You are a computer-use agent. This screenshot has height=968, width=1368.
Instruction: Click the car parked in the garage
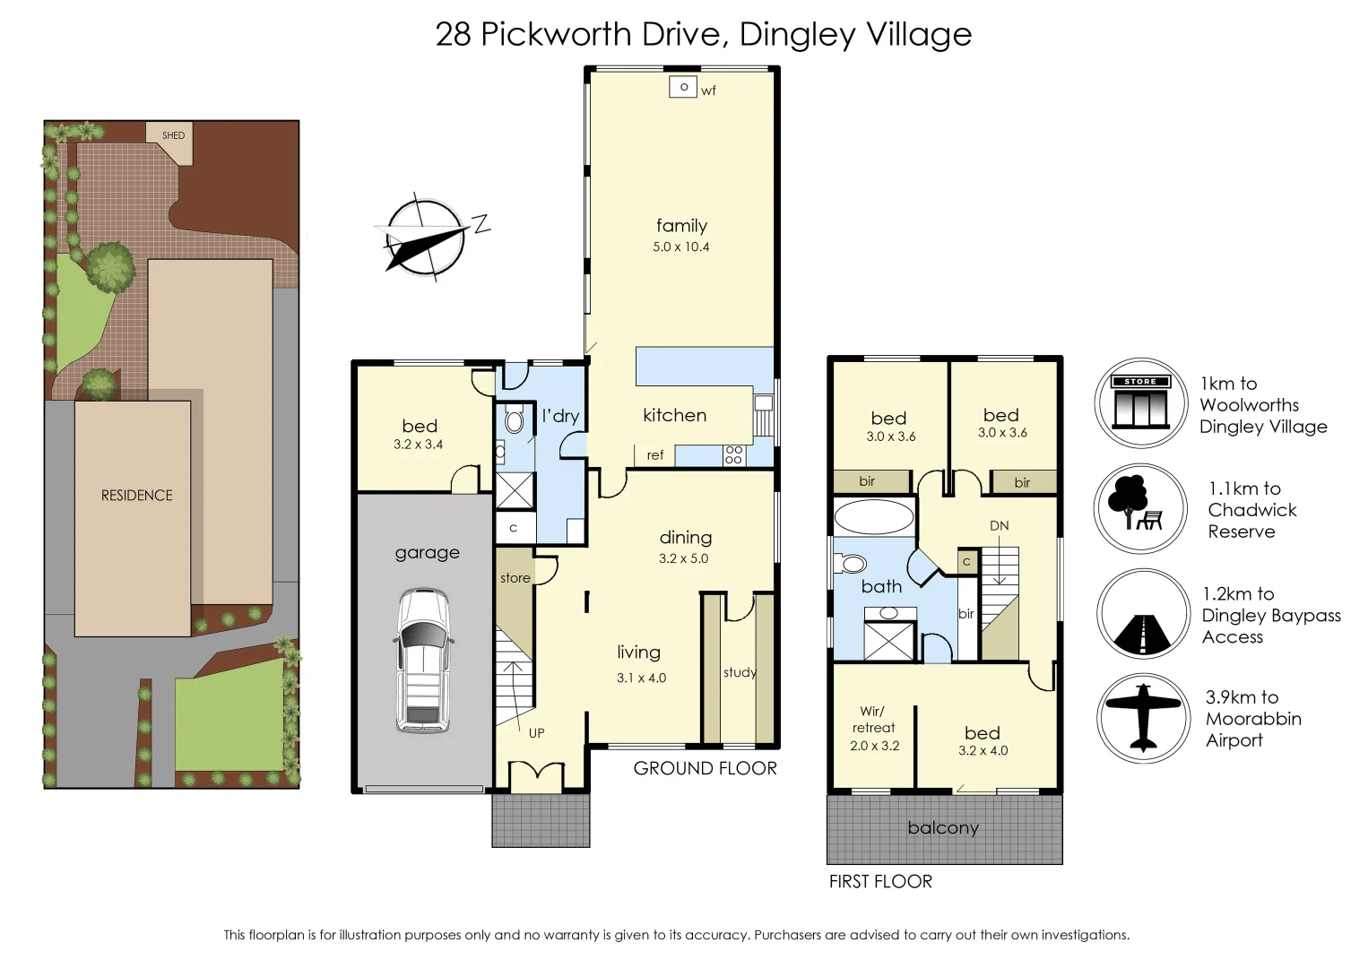(x=423, y=661)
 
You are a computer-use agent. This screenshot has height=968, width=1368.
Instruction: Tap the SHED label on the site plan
(x=173, y=135)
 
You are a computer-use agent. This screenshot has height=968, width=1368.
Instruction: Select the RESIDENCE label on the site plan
(x=137, y=496)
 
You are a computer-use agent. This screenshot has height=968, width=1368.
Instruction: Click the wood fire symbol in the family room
(x=683, y=87)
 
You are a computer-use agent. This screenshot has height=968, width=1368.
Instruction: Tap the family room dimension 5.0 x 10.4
(x=681, y=246)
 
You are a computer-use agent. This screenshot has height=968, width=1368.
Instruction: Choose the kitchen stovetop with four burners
(x=734, y=455)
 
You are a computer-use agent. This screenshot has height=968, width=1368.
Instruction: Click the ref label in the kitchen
(x=655, y=455)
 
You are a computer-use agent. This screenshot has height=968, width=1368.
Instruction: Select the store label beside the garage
(x=515, y=578)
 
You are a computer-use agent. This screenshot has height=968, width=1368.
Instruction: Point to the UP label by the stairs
(x=536, y=733)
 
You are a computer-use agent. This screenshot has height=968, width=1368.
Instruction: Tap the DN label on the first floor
(x=1000, y=525)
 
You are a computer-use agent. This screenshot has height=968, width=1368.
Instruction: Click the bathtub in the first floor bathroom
(x=873, y=517)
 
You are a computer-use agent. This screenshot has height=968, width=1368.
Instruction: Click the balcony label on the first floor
(x=943, y=827)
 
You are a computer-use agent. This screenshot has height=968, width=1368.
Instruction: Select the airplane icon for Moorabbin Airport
(x=1143, y=718)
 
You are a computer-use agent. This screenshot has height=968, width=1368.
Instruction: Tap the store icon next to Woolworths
(x=1141, y=403)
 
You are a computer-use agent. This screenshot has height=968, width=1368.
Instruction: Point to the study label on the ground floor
(x=740, y=673)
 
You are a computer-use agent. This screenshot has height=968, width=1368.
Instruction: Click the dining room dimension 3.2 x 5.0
(x=683, y=558)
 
